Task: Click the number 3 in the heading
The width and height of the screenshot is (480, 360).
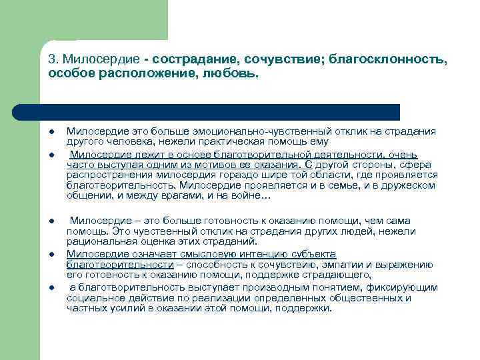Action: click(x=51, y=59)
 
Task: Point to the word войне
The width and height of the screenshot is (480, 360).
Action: click(x=249, y=196)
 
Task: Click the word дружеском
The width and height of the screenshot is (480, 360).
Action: click(x=407, y=185)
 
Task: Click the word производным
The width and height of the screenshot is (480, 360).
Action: click(x=261, y=287)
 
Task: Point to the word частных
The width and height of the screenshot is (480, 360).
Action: click(x=84, y=309)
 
